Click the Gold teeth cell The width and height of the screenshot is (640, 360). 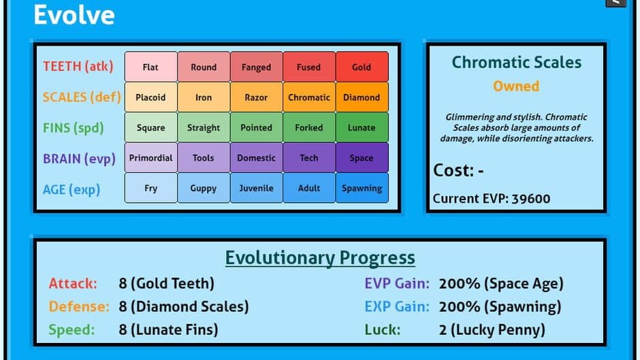362,67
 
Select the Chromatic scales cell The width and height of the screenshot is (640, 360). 309,97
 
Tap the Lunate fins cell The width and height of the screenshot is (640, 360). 362,127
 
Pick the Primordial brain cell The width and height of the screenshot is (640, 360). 151,158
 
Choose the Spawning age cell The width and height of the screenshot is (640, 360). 362,188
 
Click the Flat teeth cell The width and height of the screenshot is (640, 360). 151,67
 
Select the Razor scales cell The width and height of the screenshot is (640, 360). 256,97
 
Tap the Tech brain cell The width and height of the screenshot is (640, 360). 309,158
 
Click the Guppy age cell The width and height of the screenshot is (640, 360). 204,188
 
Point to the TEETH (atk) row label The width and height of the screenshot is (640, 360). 78,66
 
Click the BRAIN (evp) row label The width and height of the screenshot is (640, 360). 79,159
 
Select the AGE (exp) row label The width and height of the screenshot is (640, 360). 71,189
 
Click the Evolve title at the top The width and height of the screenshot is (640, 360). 74,15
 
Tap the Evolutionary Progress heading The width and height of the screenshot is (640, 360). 320,258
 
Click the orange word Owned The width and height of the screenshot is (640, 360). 516,86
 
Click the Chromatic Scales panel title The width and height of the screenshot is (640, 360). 516,63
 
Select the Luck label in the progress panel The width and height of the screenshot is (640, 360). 383,330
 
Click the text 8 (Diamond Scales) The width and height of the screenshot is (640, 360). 184,306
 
